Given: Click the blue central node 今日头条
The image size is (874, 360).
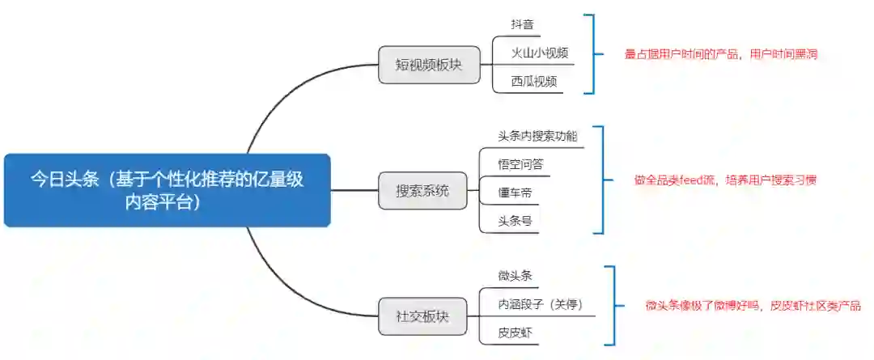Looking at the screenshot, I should pos(168,190).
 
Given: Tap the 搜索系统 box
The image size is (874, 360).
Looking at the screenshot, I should pos(422,192).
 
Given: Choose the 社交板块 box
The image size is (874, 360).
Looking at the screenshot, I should pos(422,316).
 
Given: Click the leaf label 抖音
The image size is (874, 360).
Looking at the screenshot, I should pos(522,26).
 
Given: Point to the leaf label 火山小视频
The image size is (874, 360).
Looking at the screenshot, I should pos(534,53).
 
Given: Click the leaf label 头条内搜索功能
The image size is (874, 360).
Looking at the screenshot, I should pos(537,136).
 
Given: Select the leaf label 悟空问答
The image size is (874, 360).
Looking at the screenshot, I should pos(520,164).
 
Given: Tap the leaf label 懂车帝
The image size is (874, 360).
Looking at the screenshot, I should pos(515,193).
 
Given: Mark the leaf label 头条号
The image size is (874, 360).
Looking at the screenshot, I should pos(515,220).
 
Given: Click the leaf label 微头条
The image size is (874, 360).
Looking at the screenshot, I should pos(515,277).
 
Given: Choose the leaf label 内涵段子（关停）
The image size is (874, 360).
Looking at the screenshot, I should pos(540,305).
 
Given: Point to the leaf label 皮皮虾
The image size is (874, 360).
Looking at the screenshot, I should pos(515,332).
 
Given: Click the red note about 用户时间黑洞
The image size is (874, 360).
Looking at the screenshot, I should pos(721,54).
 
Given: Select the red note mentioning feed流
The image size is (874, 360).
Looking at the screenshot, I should pos(725,180).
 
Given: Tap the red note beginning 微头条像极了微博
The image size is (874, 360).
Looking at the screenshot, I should pos(753,306).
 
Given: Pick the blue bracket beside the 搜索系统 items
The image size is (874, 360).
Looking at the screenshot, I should pos(601,180).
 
